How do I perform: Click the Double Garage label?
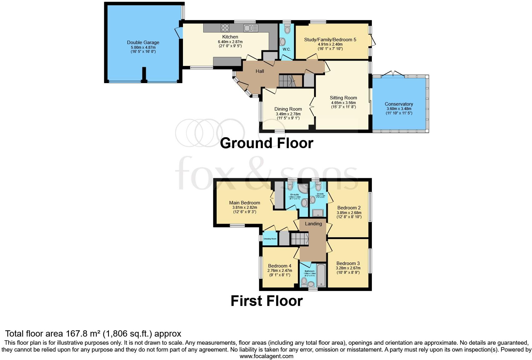coord(143,42)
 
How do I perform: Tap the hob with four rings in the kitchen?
coord(225,28)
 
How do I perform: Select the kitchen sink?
coord(251,28)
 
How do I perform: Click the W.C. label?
coord(287,49)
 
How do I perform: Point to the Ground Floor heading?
coord(266,143)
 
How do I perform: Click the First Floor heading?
coord(266,301)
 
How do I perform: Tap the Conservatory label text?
coord(399,104)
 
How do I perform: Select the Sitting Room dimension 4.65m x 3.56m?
coord(343,102)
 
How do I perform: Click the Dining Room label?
coord(288,109)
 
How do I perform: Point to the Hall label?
coord(260,71)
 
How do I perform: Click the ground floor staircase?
coord(287,81)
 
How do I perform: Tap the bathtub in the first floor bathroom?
coord(321,275)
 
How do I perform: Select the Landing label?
coord(313,224)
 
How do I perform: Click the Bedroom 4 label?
coord(279,266)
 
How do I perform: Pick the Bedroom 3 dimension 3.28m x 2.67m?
coord(348,268)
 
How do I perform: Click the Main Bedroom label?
coord(244,203)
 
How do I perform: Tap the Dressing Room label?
coord(270,239)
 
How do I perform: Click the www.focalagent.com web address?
coord(266,356)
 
